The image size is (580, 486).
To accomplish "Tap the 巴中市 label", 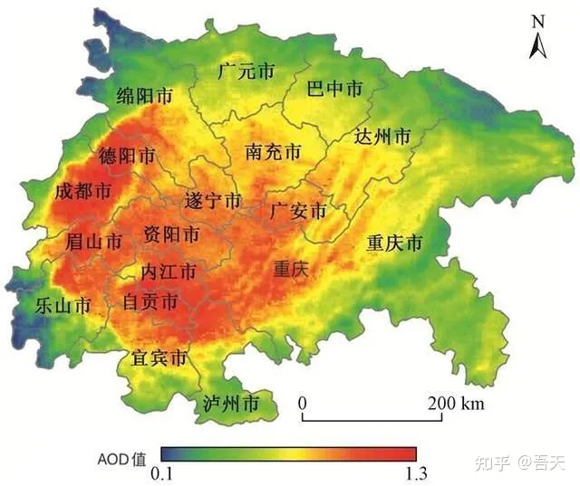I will pyautogui.click(x=333, y=88).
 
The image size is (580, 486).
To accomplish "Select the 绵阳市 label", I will pyautogui.click(x=145, y=95).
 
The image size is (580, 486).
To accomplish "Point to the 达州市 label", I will pyautogui.click(x=382, y=137).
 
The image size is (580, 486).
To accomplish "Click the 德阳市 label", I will pyautogui.click(x=126, y=156).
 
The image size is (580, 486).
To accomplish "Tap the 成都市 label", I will pyautogui.click(x=82, y=192).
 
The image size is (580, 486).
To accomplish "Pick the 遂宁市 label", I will pyautogui.click(x=213, y=200).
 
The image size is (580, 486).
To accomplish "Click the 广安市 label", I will pyautogui.click(x=298, y=212).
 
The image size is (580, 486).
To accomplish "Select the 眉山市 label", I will pyautogui.click(x=94, y=242).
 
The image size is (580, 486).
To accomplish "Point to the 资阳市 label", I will pyautogui.click(x=171, y=234).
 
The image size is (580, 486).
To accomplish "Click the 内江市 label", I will pyautogui.click(x=168, y=271).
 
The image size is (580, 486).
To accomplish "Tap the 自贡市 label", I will pyautogui.click(x=150, y=302).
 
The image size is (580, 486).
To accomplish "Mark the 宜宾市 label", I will pyautogui.click(x=159, y=358).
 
